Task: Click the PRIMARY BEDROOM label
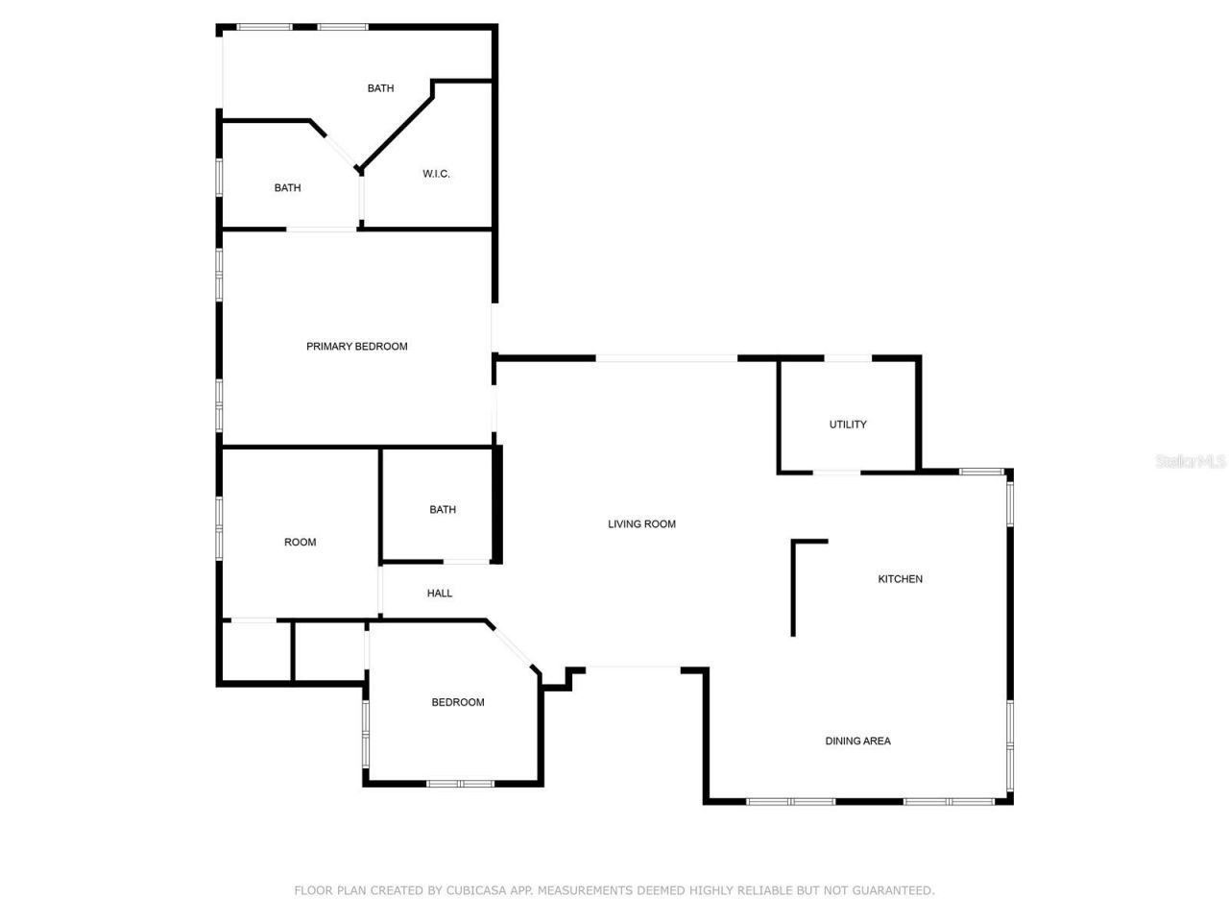click(x=356, y=347)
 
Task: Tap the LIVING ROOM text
click(x=641, y=524)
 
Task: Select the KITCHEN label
click(x=900, y=579)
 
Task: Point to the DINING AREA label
click(x=857, y=741)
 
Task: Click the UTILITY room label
click(x=848, y=425)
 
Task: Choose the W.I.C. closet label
click(x=436, y=175)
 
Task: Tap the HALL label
click(x=440, y=594)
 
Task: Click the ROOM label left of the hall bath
click(x=300, y=543)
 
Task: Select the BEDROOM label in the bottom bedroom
click(x=458, y=703)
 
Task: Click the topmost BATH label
click(x=380, y=88)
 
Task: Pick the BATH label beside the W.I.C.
click(x=287, y=188)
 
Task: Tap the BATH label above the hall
click(x=443, y=510)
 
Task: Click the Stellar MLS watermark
click(x=1191, y=462)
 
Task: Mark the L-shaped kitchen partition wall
click(x=794, y=586)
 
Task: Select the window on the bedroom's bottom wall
click(x=460, y=784)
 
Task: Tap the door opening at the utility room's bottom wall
click(x=837, y=472)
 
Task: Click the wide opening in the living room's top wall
click(x=666, y=358)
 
